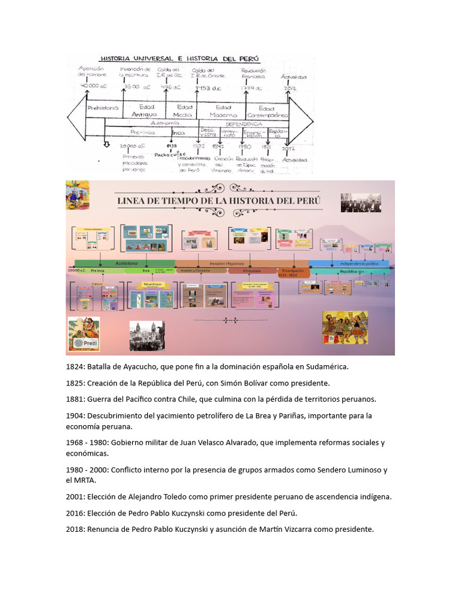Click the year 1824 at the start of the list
(x=75, y=366)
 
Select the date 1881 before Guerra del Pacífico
(x=75, y=399)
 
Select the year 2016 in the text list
(x=75, y=513)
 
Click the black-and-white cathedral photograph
(x=146, y=335)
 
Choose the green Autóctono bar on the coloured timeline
(x=125, y=263)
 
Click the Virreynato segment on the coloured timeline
(x=252, y=270)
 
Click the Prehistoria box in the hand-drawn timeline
(x=103, y=109)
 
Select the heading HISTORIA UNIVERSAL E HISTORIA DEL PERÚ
(x=179, y=59)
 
